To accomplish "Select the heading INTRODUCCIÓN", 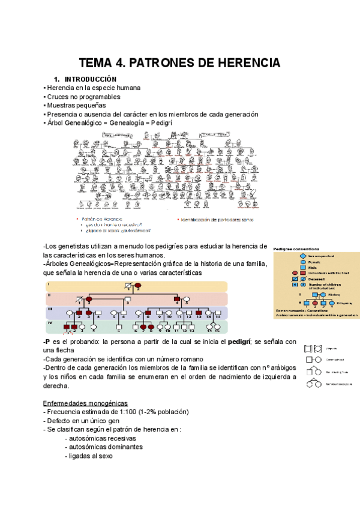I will point(91,80).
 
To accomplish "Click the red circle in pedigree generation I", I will point(137,286).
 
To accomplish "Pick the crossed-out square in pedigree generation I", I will point(128,286).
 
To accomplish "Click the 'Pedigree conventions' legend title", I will point(296,247).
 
